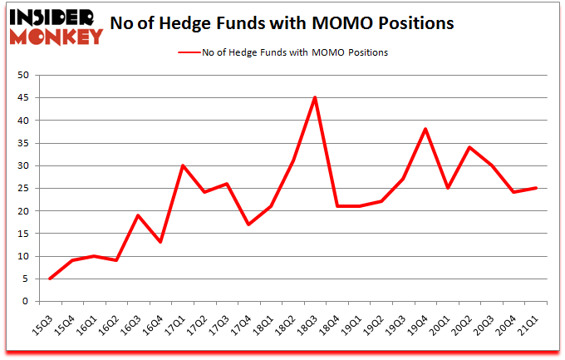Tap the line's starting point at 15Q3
(50, 279)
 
